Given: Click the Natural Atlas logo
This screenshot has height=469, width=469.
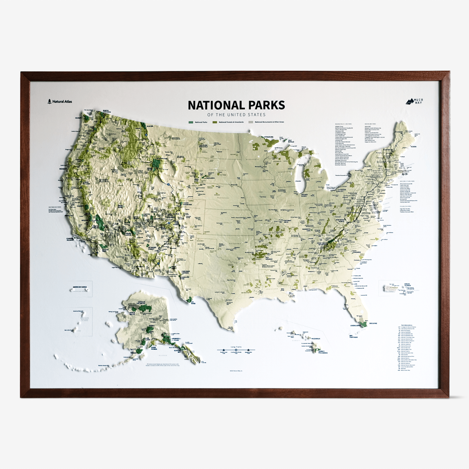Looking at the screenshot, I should click(x=60, y=101).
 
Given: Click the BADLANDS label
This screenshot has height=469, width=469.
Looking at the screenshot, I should click(x=210, y=178).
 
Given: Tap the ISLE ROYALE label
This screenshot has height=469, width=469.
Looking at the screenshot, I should click(x=291, y=141).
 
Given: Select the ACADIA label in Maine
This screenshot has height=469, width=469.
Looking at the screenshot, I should click(x=413, y=146).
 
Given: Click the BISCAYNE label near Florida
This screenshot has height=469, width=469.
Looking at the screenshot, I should click(x=373, y=323).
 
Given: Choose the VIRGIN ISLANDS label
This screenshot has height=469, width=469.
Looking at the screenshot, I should click(x=407, y=285).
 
